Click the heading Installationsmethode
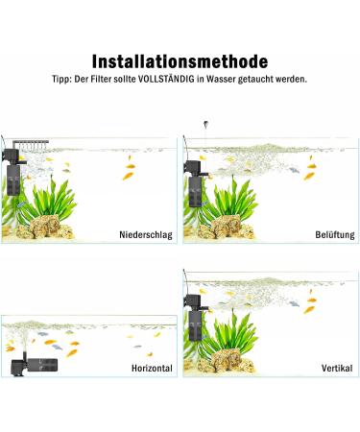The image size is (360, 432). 180,61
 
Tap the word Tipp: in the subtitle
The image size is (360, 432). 62,80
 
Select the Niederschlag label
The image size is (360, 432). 146,234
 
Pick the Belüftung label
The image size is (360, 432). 335,234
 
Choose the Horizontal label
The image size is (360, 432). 152,368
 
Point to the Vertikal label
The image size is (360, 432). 337,368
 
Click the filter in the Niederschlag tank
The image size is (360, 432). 12,172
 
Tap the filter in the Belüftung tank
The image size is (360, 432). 195,184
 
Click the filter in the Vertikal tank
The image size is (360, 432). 195,318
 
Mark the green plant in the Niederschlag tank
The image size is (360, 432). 53,199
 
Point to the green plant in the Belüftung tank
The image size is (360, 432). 235,199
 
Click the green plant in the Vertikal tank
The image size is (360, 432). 235,333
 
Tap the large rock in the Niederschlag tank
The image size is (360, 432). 45,226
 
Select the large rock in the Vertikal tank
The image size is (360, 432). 227,360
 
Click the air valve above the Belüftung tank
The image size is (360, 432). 205,124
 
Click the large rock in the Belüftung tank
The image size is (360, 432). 227,226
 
